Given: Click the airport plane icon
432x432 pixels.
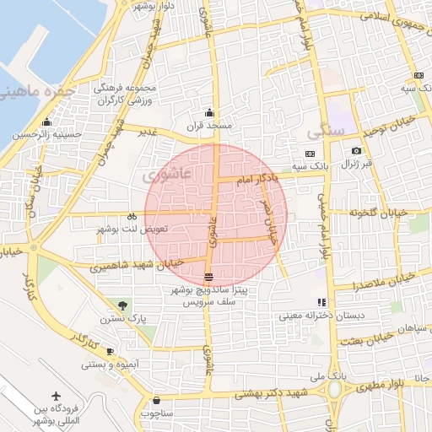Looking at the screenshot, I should [57, 397].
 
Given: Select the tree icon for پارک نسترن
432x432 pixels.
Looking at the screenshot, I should [124, 305].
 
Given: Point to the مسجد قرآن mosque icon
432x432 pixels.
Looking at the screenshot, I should [209, 113].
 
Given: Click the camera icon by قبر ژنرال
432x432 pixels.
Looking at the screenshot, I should [356, 151].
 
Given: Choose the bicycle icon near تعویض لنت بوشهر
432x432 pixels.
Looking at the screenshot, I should [132, 216].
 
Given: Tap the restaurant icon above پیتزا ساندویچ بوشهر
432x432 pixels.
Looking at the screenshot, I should [208, 277].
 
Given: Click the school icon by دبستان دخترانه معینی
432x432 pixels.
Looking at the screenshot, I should [321, 302].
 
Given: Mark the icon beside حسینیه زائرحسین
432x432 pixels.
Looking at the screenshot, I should [16, 133].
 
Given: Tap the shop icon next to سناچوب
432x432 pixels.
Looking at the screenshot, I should [156, 400].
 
